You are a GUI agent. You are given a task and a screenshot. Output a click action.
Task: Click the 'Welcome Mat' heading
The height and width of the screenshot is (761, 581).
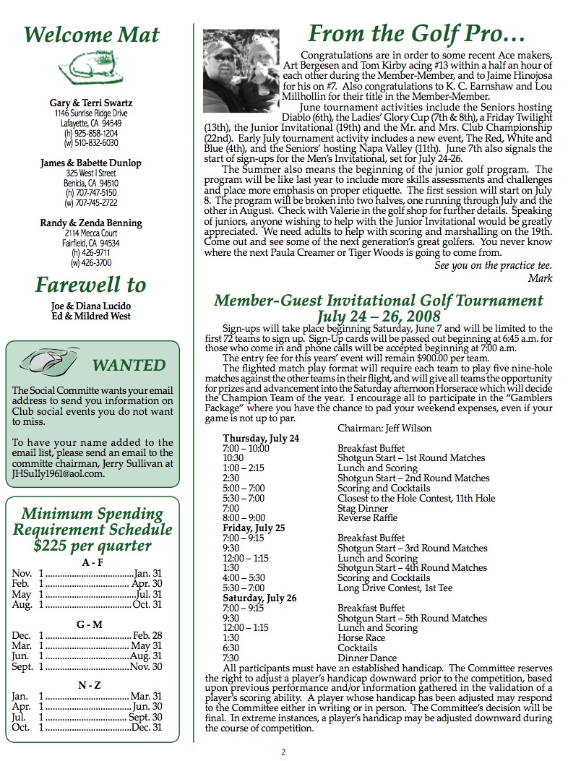click(91, 34)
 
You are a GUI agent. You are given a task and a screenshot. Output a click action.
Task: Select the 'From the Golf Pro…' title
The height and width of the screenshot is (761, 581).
click(416, 33)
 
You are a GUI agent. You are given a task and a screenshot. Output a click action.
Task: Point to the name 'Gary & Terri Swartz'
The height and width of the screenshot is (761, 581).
click(91, 103)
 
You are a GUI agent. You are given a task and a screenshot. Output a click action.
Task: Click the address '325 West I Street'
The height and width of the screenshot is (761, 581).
click(91, 173)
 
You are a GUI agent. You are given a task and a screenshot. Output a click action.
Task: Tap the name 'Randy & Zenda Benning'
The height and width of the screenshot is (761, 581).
click(91, 223)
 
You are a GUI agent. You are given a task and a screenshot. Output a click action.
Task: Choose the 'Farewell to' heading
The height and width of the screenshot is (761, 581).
click(91, 285)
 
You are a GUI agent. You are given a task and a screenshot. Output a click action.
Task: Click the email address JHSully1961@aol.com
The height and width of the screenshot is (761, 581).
click(58, 474)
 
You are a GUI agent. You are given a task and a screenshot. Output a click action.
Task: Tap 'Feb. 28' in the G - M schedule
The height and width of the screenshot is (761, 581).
click(147, 635)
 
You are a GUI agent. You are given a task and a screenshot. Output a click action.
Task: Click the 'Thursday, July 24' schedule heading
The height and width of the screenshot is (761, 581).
click(261, 438)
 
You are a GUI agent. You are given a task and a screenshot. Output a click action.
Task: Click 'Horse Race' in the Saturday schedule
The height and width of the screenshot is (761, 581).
click(361, 638)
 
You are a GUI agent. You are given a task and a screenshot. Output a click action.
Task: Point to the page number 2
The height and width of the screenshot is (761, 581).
click(283, 752)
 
